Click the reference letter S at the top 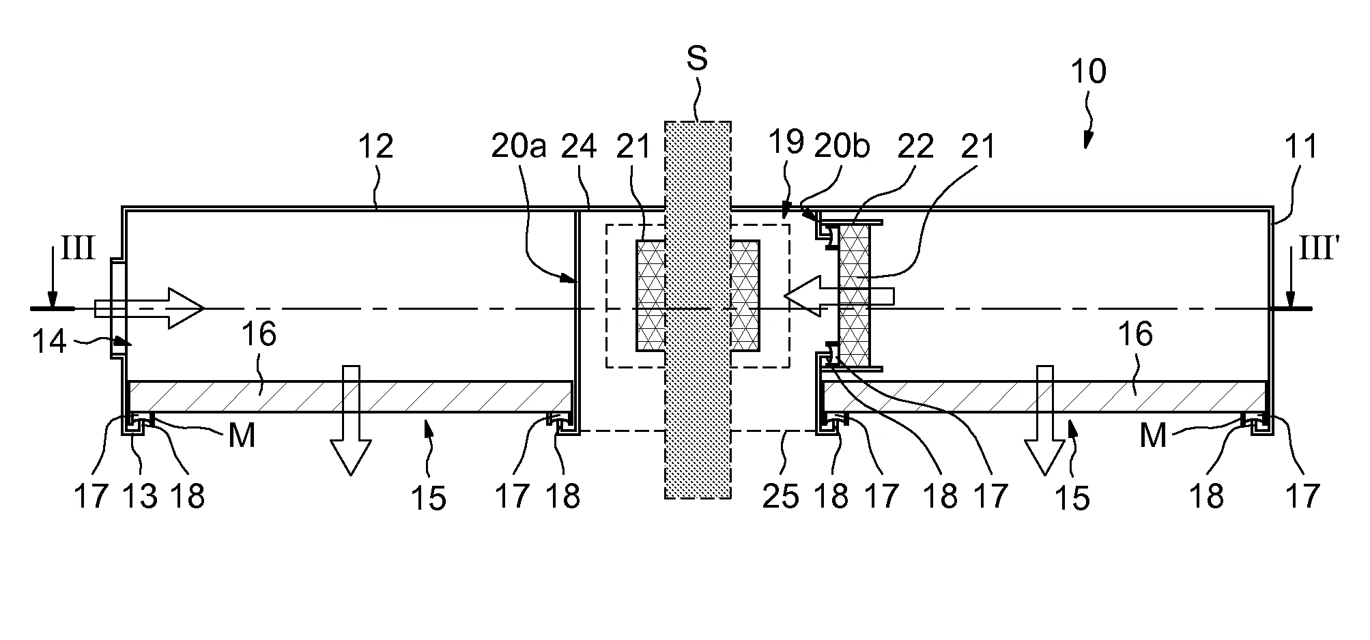(696, 59)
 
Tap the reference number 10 (1087, 72)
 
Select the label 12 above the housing (375, 146)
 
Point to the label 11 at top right (1300, 147)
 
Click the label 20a (519, 147)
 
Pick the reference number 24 (578, 147)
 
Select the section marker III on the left (77, 249)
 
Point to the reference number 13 (140, 496)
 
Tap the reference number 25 (780, 496)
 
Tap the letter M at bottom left (242, 435)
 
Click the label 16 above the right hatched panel (1135, 335)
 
